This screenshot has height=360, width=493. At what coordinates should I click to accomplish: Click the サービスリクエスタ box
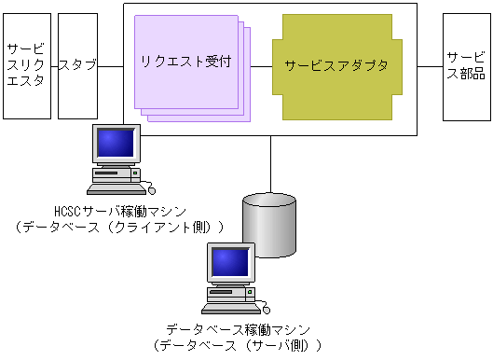click(26, 66)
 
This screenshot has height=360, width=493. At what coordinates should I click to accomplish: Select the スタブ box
click(78, 66)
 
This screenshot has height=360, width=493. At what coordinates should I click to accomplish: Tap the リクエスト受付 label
click(185, 62)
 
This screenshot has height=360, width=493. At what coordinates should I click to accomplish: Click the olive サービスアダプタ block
click(336, 66)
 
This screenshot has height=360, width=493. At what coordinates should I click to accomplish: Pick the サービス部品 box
click(465, 66)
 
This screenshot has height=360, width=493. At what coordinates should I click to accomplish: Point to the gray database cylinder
click(269, 228)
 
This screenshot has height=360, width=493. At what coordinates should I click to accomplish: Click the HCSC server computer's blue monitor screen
click(115, 142)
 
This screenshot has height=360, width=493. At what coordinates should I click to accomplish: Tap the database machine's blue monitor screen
click(228, 262)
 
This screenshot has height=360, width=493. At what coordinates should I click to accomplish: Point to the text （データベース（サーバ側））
click(238, 345)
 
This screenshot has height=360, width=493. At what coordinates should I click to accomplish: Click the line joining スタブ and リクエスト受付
click(111, 66)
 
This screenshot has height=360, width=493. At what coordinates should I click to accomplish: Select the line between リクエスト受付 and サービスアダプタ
click(262, 66)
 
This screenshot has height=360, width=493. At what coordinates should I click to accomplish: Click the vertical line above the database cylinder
click(269, 163)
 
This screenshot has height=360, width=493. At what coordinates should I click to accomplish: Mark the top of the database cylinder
click(269, 200)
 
